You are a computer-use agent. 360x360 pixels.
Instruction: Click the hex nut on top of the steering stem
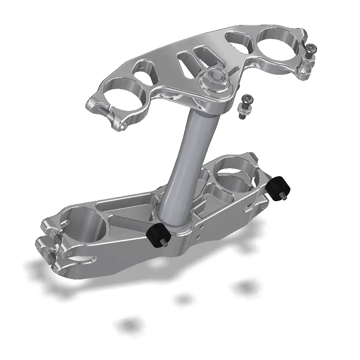pos(215,77)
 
